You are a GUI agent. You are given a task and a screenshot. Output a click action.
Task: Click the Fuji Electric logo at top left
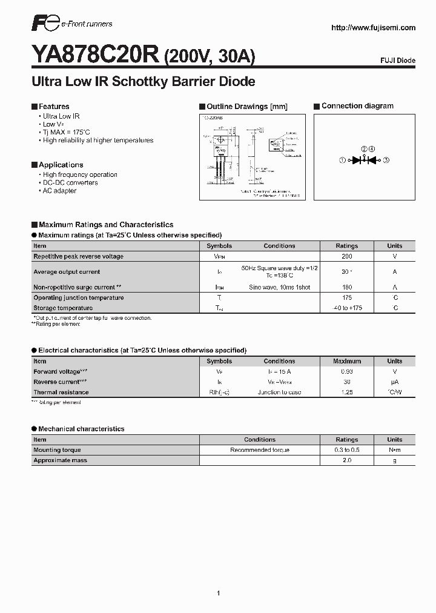click(45, 25)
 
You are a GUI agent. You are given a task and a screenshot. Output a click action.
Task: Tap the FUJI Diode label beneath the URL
click(397, 61)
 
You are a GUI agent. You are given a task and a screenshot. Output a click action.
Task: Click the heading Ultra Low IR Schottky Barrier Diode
click(143, 82)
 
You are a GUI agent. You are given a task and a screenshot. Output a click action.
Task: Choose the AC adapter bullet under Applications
click(59, 191)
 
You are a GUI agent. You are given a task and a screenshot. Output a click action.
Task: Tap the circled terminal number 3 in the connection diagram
click(386, 160)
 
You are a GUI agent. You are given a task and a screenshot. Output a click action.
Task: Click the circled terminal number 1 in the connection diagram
click(342, 160)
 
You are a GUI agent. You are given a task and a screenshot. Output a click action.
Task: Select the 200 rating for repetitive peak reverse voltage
click(347, 256)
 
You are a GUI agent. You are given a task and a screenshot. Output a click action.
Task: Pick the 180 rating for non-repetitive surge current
click(347, 287)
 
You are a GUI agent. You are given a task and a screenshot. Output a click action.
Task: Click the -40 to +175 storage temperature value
click(347, 308)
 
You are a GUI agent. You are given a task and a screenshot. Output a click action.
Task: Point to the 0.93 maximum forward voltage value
click(347, 371)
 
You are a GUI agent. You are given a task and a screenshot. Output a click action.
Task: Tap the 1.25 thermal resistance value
click(347, 393)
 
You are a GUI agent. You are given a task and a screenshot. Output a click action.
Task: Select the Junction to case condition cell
click(280, 393)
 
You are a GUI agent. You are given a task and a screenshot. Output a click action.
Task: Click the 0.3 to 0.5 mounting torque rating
click(347, 450)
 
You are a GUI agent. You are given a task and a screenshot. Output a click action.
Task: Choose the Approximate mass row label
click(61, 460)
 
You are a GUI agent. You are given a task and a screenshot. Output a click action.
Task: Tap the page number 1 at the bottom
click(218, 576)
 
